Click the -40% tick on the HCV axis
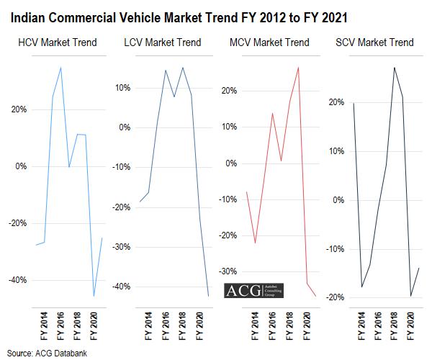[x=17, y=280]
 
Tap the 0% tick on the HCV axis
[x=20, y=166]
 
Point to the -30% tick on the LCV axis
[x=120, y=247]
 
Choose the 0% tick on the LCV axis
[x=124, y=127]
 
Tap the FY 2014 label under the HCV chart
[x=45, y=325]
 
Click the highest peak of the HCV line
[x=60, y=68]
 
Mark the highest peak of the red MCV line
[x=299, y=68]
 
